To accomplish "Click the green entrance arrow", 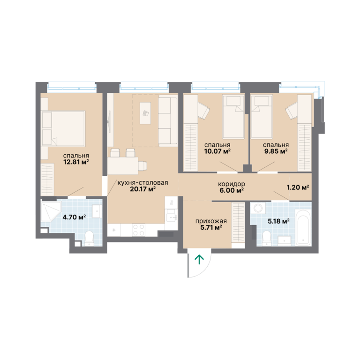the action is [199, 260].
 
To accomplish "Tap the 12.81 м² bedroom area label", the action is [76, 162].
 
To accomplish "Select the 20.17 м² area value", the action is [143, 189].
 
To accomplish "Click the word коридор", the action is [232, 184].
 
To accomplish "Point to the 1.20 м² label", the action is [298, 187].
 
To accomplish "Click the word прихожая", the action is [211, 221].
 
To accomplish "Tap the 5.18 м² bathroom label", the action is [278, 221].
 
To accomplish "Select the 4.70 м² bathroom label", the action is [74, 217].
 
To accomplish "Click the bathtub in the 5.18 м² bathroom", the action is [304, 227].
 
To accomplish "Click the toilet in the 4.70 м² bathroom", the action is [89, 238].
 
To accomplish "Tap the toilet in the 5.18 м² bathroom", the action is [267, 238].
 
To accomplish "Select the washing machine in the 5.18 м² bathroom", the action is [258, 208].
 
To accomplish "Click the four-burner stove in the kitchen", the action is [139, 230].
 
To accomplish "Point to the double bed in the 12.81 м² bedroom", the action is [63, 128].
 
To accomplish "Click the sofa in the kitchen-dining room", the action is [168, 121].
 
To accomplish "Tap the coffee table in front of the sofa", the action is [145, 113].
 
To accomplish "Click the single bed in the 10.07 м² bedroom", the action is [233, 117].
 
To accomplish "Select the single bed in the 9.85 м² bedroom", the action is [262, 117].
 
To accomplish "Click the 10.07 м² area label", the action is [217, 151].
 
